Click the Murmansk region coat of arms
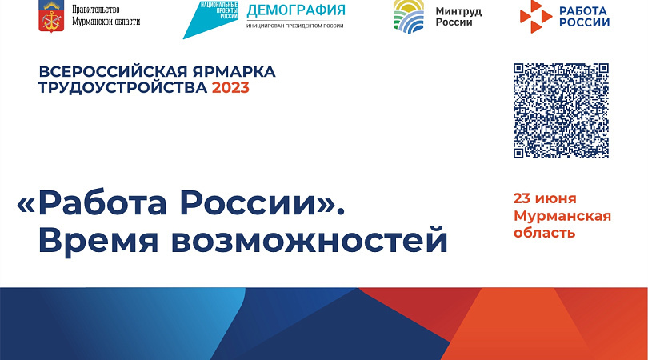click(x=51, y=16)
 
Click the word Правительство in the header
click(x=96, y=10)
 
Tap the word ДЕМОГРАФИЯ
click(x=296, y=10)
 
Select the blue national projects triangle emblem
click(x=210, y=20)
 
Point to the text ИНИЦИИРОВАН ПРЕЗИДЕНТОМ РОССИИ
click(x=295, y=26)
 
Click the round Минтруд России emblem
click(x=409, y=17)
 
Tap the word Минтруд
click(x=458, y=11)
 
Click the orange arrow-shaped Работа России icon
click(x=535, y=17)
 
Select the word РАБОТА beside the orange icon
click(x=582, y=10)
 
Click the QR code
click(x=561, y=110)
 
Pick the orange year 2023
click(x=230, y=88)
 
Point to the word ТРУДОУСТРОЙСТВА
click(x=122, y=88)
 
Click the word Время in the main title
click(x=98, y=240)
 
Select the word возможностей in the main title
click(x=310, y=240)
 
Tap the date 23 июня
click(x=545, y=199)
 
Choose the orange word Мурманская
click(x=562, y=216)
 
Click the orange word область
click(x=544, y=233)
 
